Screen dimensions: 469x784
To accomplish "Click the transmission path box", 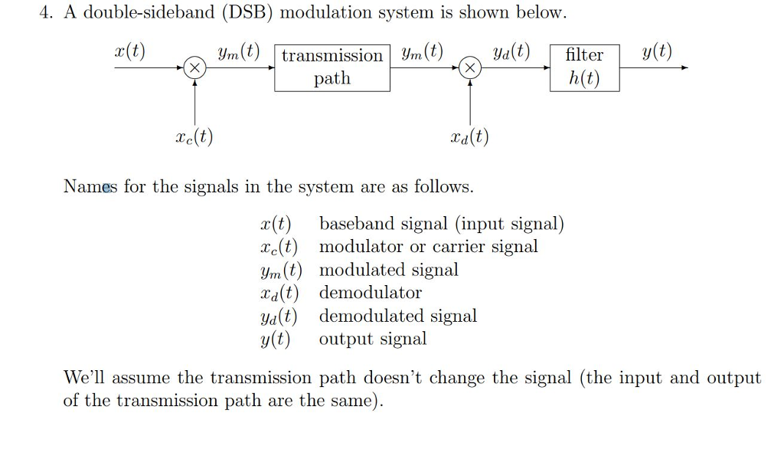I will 332,67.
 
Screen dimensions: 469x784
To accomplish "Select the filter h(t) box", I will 584,67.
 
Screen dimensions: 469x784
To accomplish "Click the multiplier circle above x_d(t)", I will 470,68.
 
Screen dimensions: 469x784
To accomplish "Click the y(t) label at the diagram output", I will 657,52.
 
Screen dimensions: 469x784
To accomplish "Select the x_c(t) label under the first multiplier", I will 194,137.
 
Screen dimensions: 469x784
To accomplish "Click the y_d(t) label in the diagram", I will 511,52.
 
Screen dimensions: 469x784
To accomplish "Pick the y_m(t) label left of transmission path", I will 238,53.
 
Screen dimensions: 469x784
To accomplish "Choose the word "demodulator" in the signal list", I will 370,293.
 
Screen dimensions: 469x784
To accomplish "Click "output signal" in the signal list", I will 373,339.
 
